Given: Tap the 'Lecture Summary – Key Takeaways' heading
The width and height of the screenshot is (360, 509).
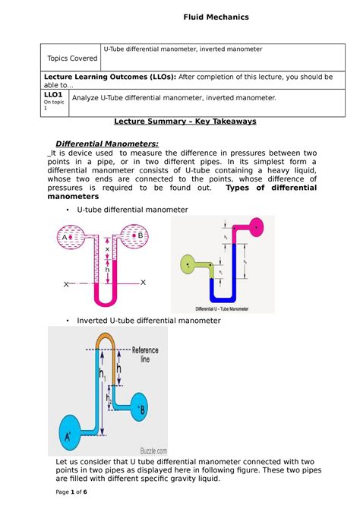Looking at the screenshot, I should [x=185, y=122].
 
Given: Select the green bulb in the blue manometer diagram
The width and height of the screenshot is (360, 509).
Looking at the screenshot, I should [x=186, y=265].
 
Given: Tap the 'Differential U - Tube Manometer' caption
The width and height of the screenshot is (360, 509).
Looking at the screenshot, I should [x=223, y=308].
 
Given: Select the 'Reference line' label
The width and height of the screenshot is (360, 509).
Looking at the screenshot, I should [x=145, y=356].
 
